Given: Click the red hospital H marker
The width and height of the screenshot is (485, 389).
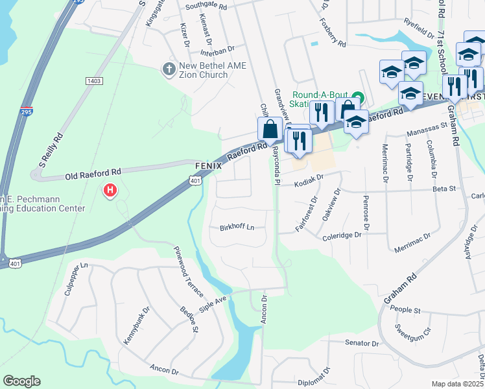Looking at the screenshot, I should point(110,191).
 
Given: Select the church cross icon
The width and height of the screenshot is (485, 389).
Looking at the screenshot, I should point(169,67).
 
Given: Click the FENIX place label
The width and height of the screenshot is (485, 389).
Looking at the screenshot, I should point(209,166).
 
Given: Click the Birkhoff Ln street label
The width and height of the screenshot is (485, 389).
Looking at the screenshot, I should point(237,228).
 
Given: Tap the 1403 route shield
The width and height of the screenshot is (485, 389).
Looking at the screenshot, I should point(94,80).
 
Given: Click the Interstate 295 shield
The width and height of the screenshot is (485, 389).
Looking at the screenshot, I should point(27,111).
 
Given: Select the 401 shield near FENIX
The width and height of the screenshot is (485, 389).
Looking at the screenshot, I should point(196,182).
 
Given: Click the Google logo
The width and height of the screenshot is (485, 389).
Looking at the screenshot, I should point(21,381).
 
